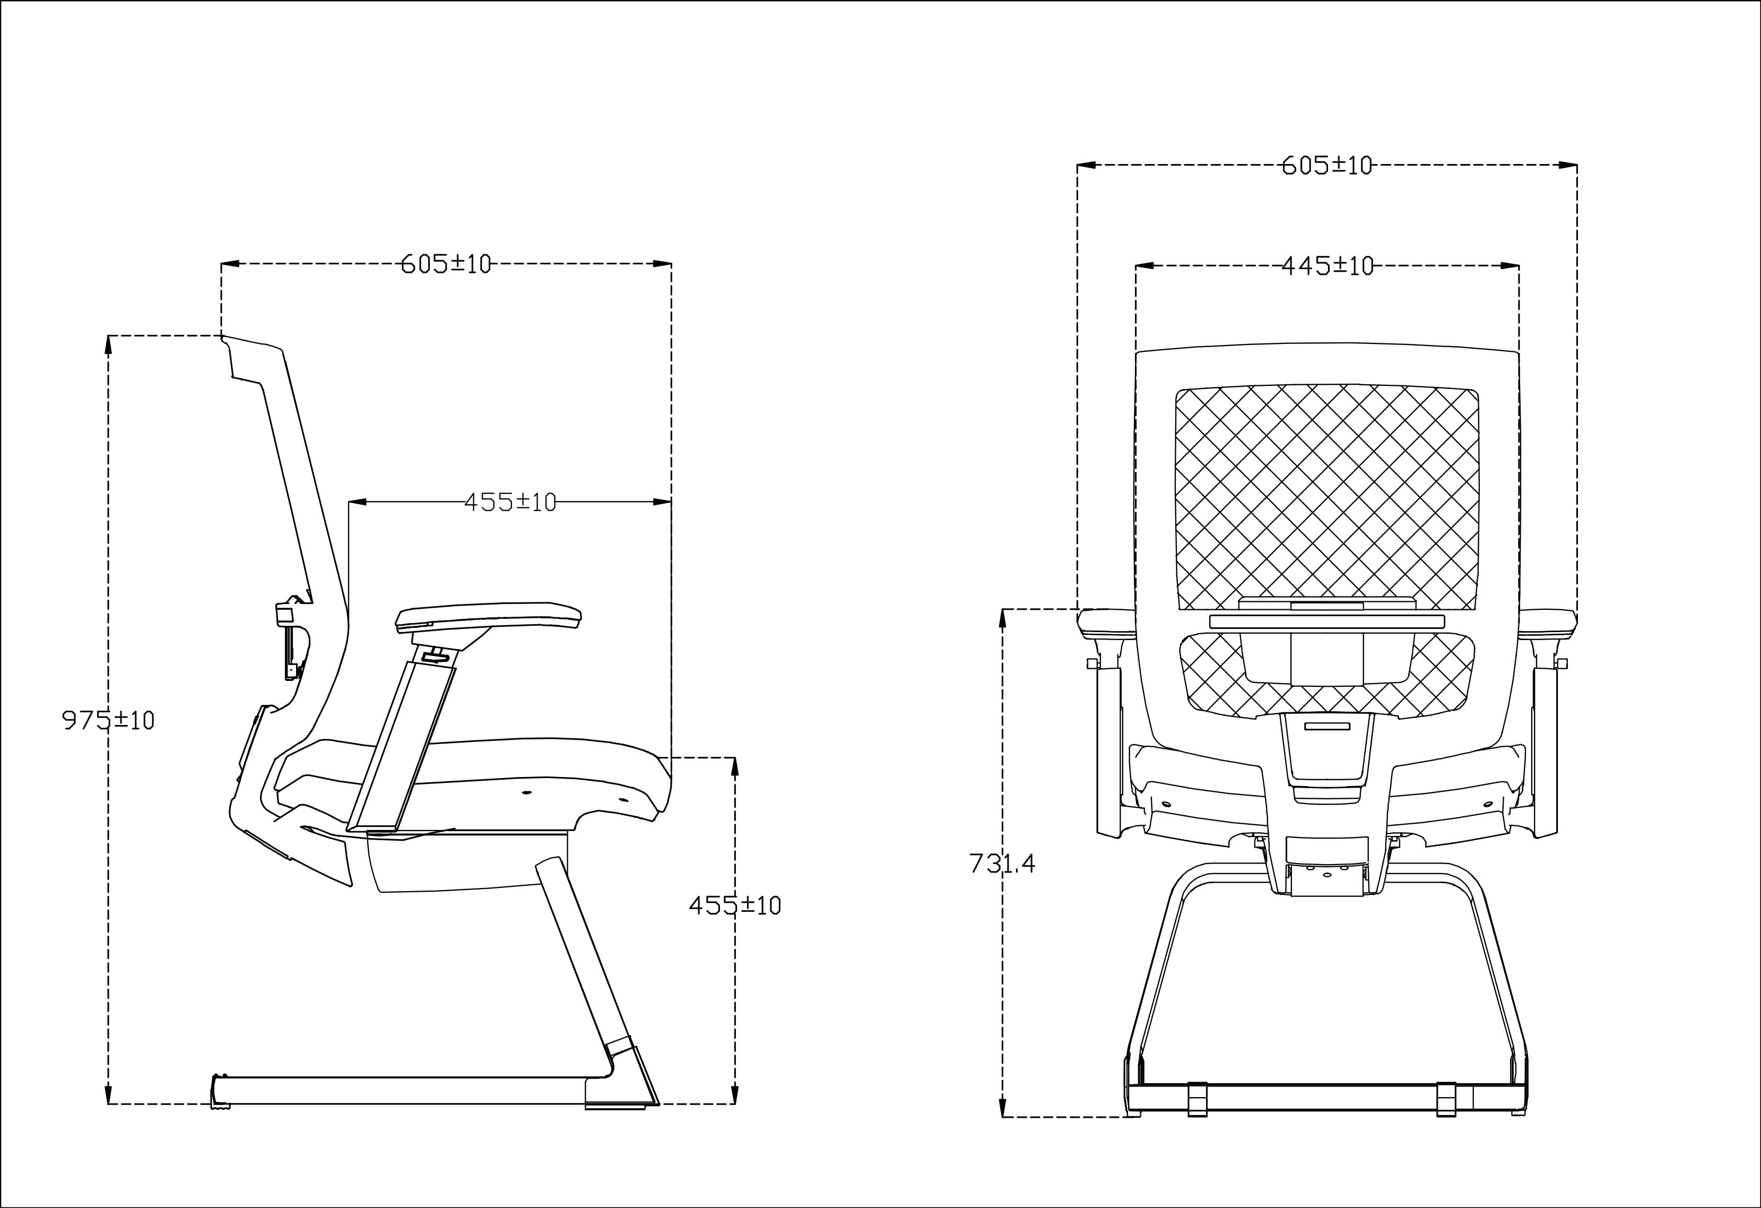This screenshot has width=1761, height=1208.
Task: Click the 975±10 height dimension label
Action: [x=108, y=720]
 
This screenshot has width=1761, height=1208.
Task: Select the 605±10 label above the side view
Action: [x=446, y=264]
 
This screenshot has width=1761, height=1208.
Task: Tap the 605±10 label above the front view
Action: [x=1327, y=165]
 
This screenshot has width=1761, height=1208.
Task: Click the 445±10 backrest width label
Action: [x=1328, y=266]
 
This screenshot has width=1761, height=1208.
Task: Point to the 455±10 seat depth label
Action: [x=510, y=502]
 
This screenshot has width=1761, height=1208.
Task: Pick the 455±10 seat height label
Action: [x=734, y=905]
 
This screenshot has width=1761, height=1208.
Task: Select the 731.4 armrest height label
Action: [x=1002, y=863]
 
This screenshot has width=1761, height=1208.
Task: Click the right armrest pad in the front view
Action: [x=1548, y=624]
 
